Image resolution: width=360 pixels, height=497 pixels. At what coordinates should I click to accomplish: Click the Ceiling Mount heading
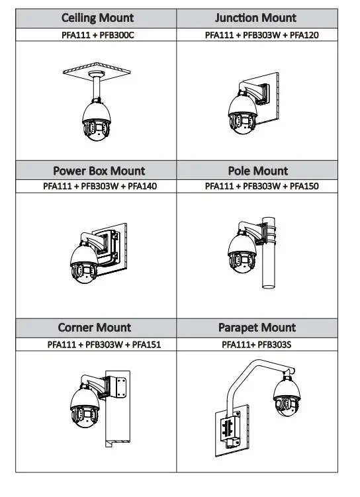click(97, 18)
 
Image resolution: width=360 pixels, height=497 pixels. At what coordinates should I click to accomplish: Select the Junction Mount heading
click(255, 18)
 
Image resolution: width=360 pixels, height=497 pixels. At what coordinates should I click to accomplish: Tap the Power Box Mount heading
click(99, 171)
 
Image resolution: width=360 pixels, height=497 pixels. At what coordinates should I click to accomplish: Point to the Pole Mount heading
click(258, 171)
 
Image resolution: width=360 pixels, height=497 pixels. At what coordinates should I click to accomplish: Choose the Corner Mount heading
click(95, 328)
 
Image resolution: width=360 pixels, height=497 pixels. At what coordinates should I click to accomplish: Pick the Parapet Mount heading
click(257, 328)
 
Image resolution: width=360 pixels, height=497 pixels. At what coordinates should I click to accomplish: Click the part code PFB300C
click(117, 35)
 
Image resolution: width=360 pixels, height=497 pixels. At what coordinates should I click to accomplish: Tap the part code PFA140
click(142, 186)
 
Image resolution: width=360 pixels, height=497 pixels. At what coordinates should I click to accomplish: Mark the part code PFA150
click(304, 186)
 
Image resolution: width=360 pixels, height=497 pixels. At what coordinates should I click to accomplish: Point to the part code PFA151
click(146, 345)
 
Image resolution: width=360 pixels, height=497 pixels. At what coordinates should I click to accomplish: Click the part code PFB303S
click(275, 345)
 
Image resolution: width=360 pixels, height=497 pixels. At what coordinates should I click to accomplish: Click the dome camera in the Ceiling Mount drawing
click(97, 120)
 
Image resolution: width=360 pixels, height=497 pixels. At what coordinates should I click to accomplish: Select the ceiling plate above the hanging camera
click(97, 69)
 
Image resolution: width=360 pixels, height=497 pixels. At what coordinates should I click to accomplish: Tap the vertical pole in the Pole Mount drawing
click(269, 253)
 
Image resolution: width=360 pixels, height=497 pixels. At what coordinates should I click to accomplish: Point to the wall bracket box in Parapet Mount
click(232, 429)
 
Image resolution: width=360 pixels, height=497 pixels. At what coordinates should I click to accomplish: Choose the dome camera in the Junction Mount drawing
click(242, 113)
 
